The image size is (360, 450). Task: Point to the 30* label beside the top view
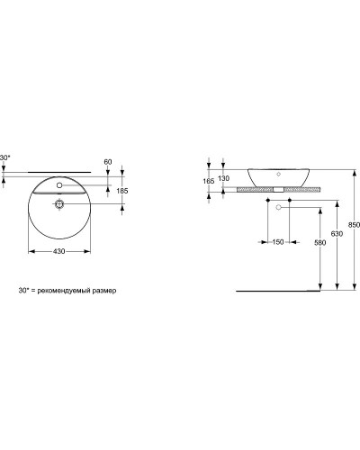[6, 158]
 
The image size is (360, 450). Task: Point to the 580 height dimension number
[319, 242]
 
